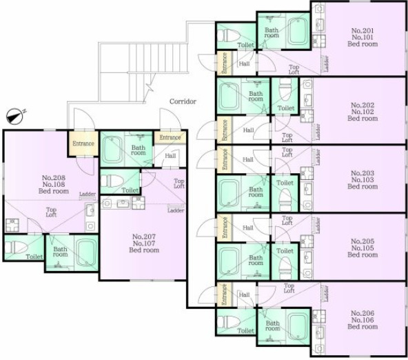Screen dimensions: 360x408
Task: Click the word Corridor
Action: [183, 101]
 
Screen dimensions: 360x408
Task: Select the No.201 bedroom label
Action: [363, 37]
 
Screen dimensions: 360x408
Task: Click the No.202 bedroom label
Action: [363, 111]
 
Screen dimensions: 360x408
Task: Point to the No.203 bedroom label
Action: [363, 179]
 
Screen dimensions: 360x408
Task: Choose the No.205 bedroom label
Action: [363, 248]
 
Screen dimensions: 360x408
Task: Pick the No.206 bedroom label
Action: [363, 319]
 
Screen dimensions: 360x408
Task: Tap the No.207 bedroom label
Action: [144, 243]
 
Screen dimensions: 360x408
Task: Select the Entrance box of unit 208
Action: [83, 143]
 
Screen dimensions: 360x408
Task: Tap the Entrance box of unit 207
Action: [170, 138]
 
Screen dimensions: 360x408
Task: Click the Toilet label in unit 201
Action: [245, 45]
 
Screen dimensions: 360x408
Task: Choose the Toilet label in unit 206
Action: [245, 330]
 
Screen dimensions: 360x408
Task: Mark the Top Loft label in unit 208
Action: [52, 212]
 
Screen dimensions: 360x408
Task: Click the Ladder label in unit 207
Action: [175, 210]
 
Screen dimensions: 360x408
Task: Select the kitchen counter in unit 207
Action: [124, 203]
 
